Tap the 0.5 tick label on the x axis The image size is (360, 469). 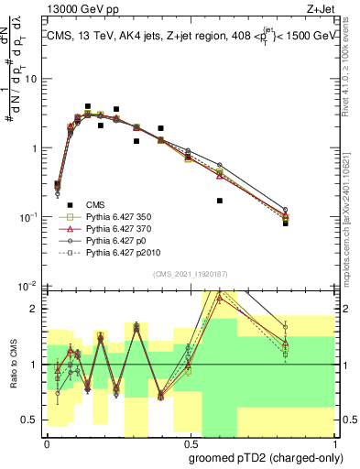(189, 442)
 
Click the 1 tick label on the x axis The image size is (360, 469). (332, 442)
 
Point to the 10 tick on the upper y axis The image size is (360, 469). (33, 79)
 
